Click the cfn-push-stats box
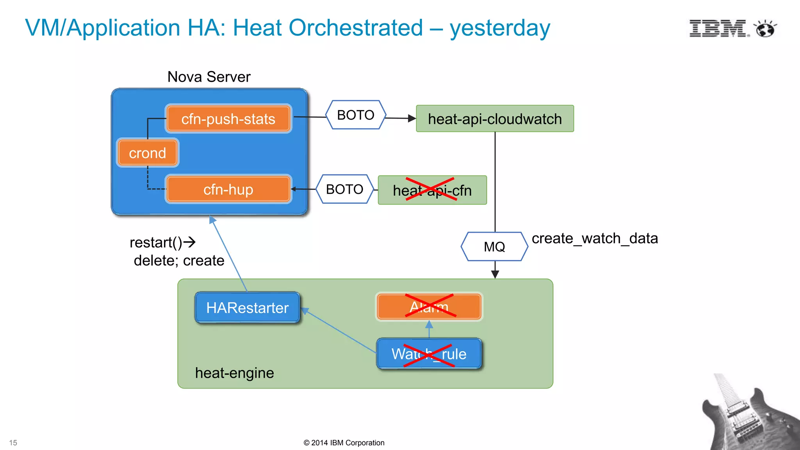tap(228, 119)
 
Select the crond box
tap(148, 153)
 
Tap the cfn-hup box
tap(228, 189)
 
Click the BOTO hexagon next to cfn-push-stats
tap(355, 115)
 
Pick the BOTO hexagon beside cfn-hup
tap(345, 189)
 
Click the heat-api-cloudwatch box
tap(495, 119)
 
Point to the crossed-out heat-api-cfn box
tap(432, 190)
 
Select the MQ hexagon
tap(494, 246)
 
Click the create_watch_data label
tap(595, 238)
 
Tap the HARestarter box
tap(247, 307)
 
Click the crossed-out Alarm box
tap(429, 307)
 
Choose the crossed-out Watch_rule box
tap(429, 354)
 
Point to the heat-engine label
tap(234, 373)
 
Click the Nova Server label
tap(209, 77)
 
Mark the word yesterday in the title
tap(500, 28)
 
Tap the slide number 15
tap(13, 443)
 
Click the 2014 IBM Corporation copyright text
tap(344, 443)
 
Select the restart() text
tap(156, 243)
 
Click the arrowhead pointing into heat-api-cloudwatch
tap(412, 118)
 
